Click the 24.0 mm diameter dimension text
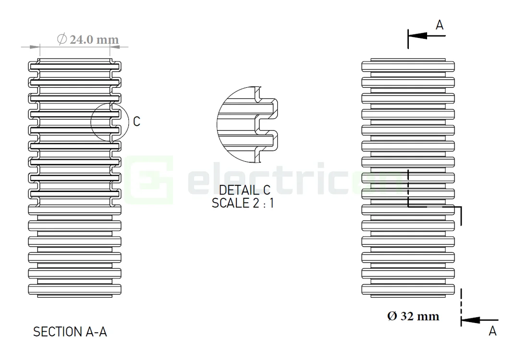[94, 39]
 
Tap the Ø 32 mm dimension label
[413, 316]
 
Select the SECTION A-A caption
[70, 332]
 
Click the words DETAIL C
[245, 190]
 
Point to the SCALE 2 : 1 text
[243, 203]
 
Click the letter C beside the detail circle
[136, 122]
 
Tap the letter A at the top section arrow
[440, 25]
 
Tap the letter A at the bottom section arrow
[492, 331]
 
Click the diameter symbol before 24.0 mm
[61, 39]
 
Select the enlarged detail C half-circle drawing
[245, 124]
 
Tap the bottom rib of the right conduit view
[408, 290]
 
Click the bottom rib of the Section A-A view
[74, 290]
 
